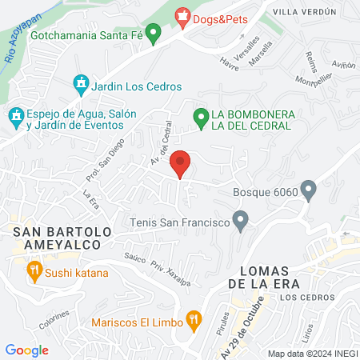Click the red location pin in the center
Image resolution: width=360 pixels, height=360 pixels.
point(181,164)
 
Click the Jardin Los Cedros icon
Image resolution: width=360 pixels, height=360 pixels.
point(80,83)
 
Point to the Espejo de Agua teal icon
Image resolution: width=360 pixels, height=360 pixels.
point(16,117)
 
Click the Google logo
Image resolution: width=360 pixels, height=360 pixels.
point(27,350)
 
